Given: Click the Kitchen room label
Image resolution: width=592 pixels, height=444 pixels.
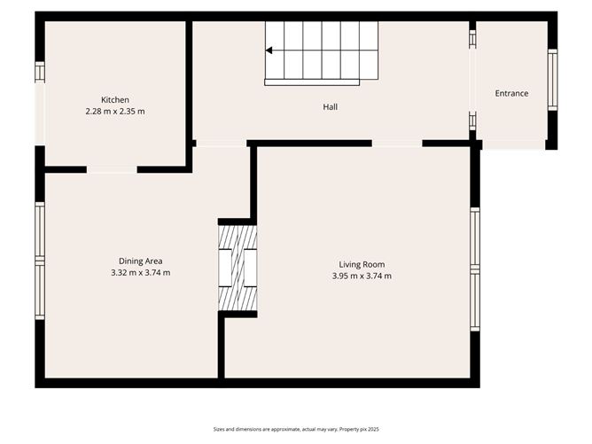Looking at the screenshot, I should pos(115,100).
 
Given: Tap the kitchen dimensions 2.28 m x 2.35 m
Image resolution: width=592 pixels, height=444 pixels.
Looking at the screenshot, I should pos(115,112).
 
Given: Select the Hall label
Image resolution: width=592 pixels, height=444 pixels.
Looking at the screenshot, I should pos(330,107).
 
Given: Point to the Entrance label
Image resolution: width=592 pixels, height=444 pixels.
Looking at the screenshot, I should pos(511,93).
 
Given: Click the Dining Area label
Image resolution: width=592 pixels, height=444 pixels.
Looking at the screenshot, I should pos(140,261).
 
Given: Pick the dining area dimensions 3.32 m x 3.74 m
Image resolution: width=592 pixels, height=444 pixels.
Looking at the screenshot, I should pos(140,273).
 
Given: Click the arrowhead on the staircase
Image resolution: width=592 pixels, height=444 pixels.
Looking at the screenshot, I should pos(269,51).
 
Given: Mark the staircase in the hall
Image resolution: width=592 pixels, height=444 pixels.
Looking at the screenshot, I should pos(322,51).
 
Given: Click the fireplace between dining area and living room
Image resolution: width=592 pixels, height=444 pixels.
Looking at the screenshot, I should pos(238,268).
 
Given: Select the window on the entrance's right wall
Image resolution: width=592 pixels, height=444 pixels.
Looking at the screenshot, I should pos(552,80).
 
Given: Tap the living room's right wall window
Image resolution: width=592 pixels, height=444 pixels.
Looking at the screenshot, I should pos(475,269).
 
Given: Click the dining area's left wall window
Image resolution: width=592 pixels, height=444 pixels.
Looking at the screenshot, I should pos(39,261).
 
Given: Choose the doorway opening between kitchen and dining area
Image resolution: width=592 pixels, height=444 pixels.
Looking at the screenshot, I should pos(112,169).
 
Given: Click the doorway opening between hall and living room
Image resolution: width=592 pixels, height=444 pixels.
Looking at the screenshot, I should pos(396,143).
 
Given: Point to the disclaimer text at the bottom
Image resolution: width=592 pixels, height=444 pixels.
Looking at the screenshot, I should pos(296,429).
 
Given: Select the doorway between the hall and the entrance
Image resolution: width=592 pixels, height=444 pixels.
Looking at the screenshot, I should pos(472,80).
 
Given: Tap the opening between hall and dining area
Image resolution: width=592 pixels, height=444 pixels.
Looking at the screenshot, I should pos(221,144).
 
